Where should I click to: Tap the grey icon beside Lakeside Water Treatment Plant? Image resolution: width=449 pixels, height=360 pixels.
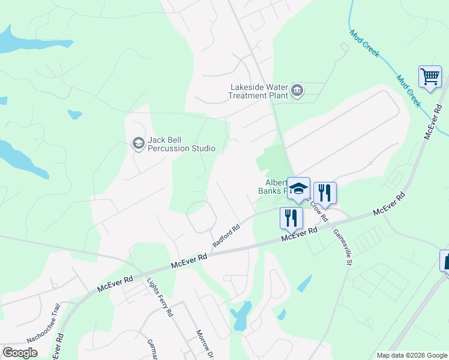point(297,91)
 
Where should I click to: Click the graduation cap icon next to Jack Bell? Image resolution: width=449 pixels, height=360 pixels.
point(138,143)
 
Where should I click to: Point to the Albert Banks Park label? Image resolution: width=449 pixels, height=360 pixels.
point(274,187)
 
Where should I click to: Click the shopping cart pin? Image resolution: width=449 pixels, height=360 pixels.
point(430,77)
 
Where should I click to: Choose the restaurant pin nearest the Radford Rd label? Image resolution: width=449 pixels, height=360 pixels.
point(291,218)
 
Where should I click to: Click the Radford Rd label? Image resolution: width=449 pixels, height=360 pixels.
point(226,235)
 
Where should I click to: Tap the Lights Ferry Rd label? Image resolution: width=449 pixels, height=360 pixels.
point(160,296)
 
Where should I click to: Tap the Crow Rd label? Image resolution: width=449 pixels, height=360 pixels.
point(320,211)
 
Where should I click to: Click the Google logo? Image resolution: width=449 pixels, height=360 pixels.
point(20,353)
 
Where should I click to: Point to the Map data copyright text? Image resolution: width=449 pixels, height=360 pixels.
point(411,355)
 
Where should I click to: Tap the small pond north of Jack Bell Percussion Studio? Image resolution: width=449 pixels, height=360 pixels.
point(74,114)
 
